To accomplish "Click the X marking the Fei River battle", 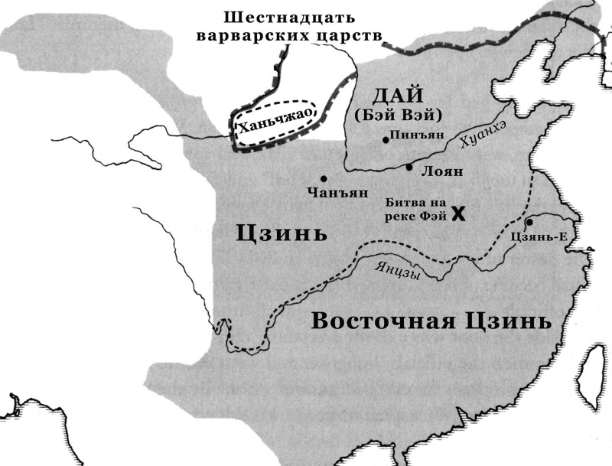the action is coord(458,213).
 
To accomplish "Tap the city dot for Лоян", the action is coord(409,168).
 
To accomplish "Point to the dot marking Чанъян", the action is coord(324,178).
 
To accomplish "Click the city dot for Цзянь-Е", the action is coord(529,221).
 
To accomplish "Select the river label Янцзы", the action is coord(398,269).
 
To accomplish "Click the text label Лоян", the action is coord(442,171).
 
